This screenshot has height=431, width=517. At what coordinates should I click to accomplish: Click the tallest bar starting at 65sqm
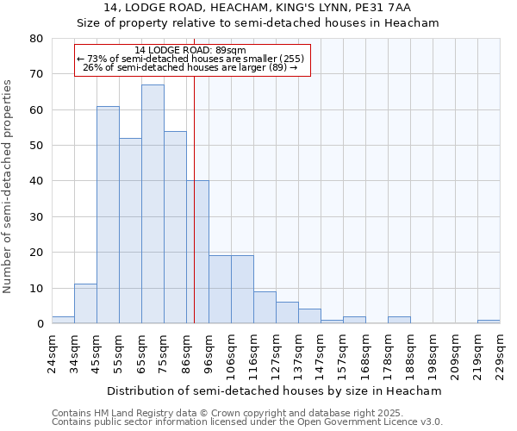coord(153,204)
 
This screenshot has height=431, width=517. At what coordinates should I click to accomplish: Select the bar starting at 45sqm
coord(108,215)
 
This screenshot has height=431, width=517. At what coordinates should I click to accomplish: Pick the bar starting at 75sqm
coord(175,228)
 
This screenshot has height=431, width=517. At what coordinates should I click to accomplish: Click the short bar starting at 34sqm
coord(85,304)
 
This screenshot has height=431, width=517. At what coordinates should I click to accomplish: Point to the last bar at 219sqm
coord(489,322)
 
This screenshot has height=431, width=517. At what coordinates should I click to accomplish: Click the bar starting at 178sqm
coord(399,320)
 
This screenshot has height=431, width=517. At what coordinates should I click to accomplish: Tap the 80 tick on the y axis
coord(37,39)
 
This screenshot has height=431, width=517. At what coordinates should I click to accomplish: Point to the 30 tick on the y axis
coord(37,217)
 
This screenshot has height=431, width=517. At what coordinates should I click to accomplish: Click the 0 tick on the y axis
coord(40,324)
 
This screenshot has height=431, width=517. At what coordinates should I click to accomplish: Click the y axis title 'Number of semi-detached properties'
coord(8,186)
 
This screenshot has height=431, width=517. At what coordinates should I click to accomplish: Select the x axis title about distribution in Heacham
coord(276,390)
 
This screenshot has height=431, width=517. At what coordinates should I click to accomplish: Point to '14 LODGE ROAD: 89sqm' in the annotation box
coord(191,51)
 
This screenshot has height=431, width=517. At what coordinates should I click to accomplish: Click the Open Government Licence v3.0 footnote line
coord(247,422)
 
